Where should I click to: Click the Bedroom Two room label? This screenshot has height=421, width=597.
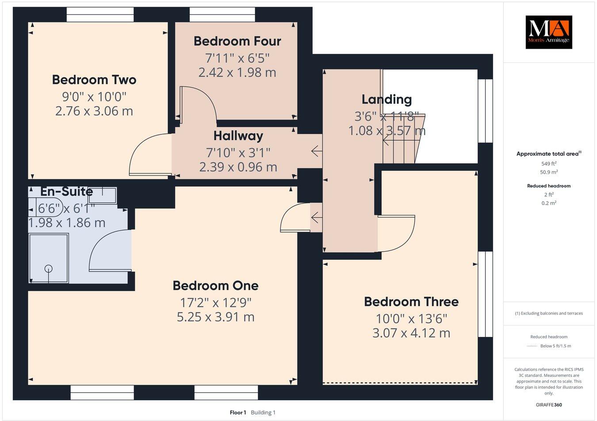pyautogui.click(x=94, y=80)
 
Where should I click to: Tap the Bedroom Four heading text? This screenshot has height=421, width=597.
pyautogui.click(x=237, y=41)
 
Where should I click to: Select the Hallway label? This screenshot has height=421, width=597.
pyautogui.click(x=238, y=136)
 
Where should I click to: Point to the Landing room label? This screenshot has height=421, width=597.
pyautogui.click(x=387, y=100)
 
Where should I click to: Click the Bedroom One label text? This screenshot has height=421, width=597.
pyautogui.click(x=216, y=285)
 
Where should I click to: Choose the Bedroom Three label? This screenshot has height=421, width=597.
pyautogui.click(x=411, y=302)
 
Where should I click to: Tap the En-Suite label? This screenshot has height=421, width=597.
pyautogui.click(x=67, y=191)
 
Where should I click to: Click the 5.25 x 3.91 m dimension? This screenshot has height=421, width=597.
pyautogui.click(x=216, y=317)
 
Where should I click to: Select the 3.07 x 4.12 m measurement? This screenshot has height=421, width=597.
pyautogui.click(x=411, y=333)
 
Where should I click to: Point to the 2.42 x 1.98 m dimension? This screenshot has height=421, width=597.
pyautogui.click(x=237, y=73)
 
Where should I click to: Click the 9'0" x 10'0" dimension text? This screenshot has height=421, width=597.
pyautogui.click(x=94, y=96)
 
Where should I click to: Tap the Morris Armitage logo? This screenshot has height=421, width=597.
pyautogui.click(x=549, y=32)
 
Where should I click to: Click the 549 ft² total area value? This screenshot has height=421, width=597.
pyautogui.click(x=549, y=163)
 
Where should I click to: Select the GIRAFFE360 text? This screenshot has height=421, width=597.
pyautogui.click(x=549, y=405)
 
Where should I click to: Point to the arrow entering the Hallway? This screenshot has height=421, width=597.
pyautogui.click(x=317, y=151)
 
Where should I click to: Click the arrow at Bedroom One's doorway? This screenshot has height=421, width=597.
pyautogui.click(x=317, y=218)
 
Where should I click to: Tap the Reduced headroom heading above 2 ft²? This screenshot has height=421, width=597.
pyautogui.click(x=549, y=186)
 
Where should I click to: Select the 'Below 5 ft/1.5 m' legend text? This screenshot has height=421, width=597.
pyautogui.click(x=556, y=346)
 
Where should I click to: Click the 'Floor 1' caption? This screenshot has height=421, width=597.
pyautogui.click(x=238, y=413)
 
